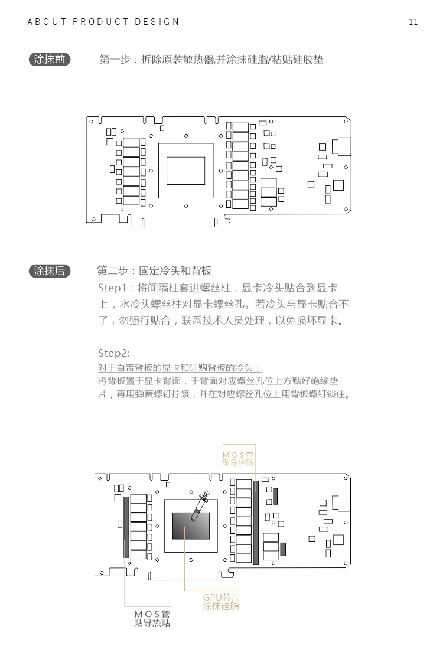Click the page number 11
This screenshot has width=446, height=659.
click(413, 22)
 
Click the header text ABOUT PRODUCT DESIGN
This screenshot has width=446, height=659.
click(103, 22)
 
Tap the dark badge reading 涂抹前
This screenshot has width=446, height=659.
click(50, 60)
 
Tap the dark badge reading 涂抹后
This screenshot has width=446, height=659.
click(50, 271)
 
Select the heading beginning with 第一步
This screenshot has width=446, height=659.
click(211, 60)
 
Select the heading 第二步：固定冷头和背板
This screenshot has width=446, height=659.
click(154, 271)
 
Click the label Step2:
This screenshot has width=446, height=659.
click(113, 353)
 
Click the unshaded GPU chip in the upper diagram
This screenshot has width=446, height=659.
click(185, 170)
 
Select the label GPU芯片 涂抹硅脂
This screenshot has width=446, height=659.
click(222, 602)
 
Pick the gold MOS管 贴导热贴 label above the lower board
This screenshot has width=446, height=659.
click(238, 459)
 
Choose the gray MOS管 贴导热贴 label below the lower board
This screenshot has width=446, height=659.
click(152, 618)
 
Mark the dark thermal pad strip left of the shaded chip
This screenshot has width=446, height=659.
click(126, 527)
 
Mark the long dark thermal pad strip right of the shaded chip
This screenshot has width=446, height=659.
click(256, 523)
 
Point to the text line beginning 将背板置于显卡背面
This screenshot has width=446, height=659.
click(218, 381)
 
